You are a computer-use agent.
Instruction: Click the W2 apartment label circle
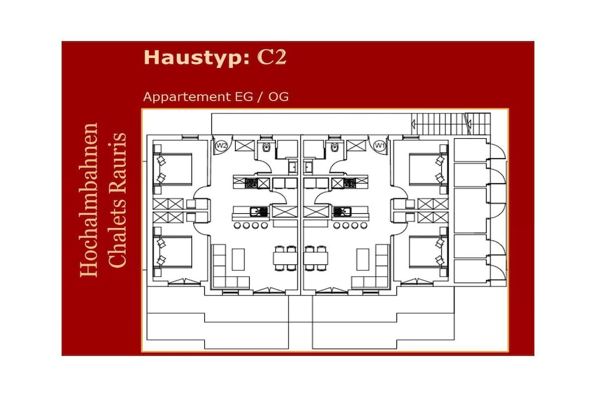pyautogui.click(x=221, y=145)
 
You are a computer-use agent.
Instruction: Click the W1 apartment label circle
pyautogui.click(x=379, y=145)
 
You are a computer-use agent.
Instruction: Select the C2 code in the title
pyautogui.click(x=272, y=58)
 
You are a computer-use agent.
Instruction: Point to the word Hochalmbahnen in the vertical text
pyautogui.click(x=89, y=199)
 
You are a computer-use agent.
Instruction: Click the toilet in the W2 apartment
pyautogui.click(x=266, y=146)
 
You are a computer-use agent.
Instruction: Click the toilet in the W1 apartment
pyautogui.click(x=335, y=146)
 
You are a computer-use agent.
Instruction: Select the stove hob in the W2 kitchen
pyautogui.click(x=251, y=183)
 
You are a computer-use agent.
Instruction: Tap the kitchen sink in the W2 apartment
pyautogui.click(x=259, y=212)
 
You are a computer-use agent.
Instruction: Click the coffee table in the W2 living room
pyautogui.click(x=238, y=259)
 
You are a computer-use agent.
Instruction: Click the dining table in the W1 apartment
pyautogui.click(x=315, y=259)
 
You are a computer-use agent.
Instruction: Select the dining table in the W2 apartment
pyautogui.click(x=285, y=259)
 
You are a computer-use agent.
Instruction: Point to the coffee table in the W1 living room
pyautogui.click(x=363, y=259)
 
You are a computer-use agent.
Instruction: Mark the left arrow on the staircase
pyautogui.click(x=414, y=123)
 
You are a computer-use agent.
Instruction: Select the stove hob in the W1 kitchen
pyautogui.click(x=350, y=183)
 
